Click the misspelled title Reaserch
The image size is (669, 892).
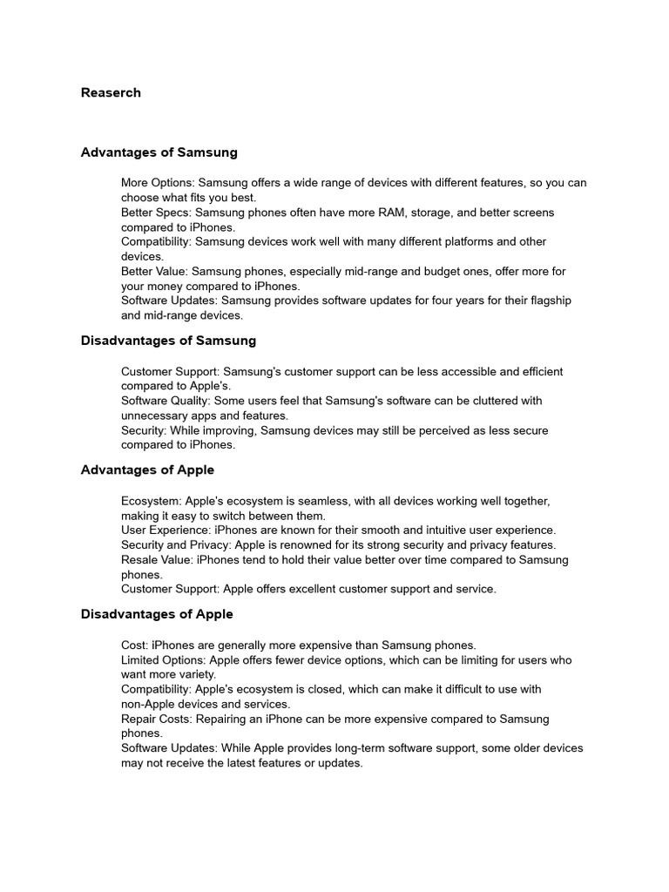111,92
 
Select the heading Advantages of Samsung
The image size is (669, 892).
159,152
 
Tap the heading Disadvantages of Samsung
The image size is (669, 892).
168,341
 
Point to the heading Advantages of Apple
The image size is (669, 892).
147,470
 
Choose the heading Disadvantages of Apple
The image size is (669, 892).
157,614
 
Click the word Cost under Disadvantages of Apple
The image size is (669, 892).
133,645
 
